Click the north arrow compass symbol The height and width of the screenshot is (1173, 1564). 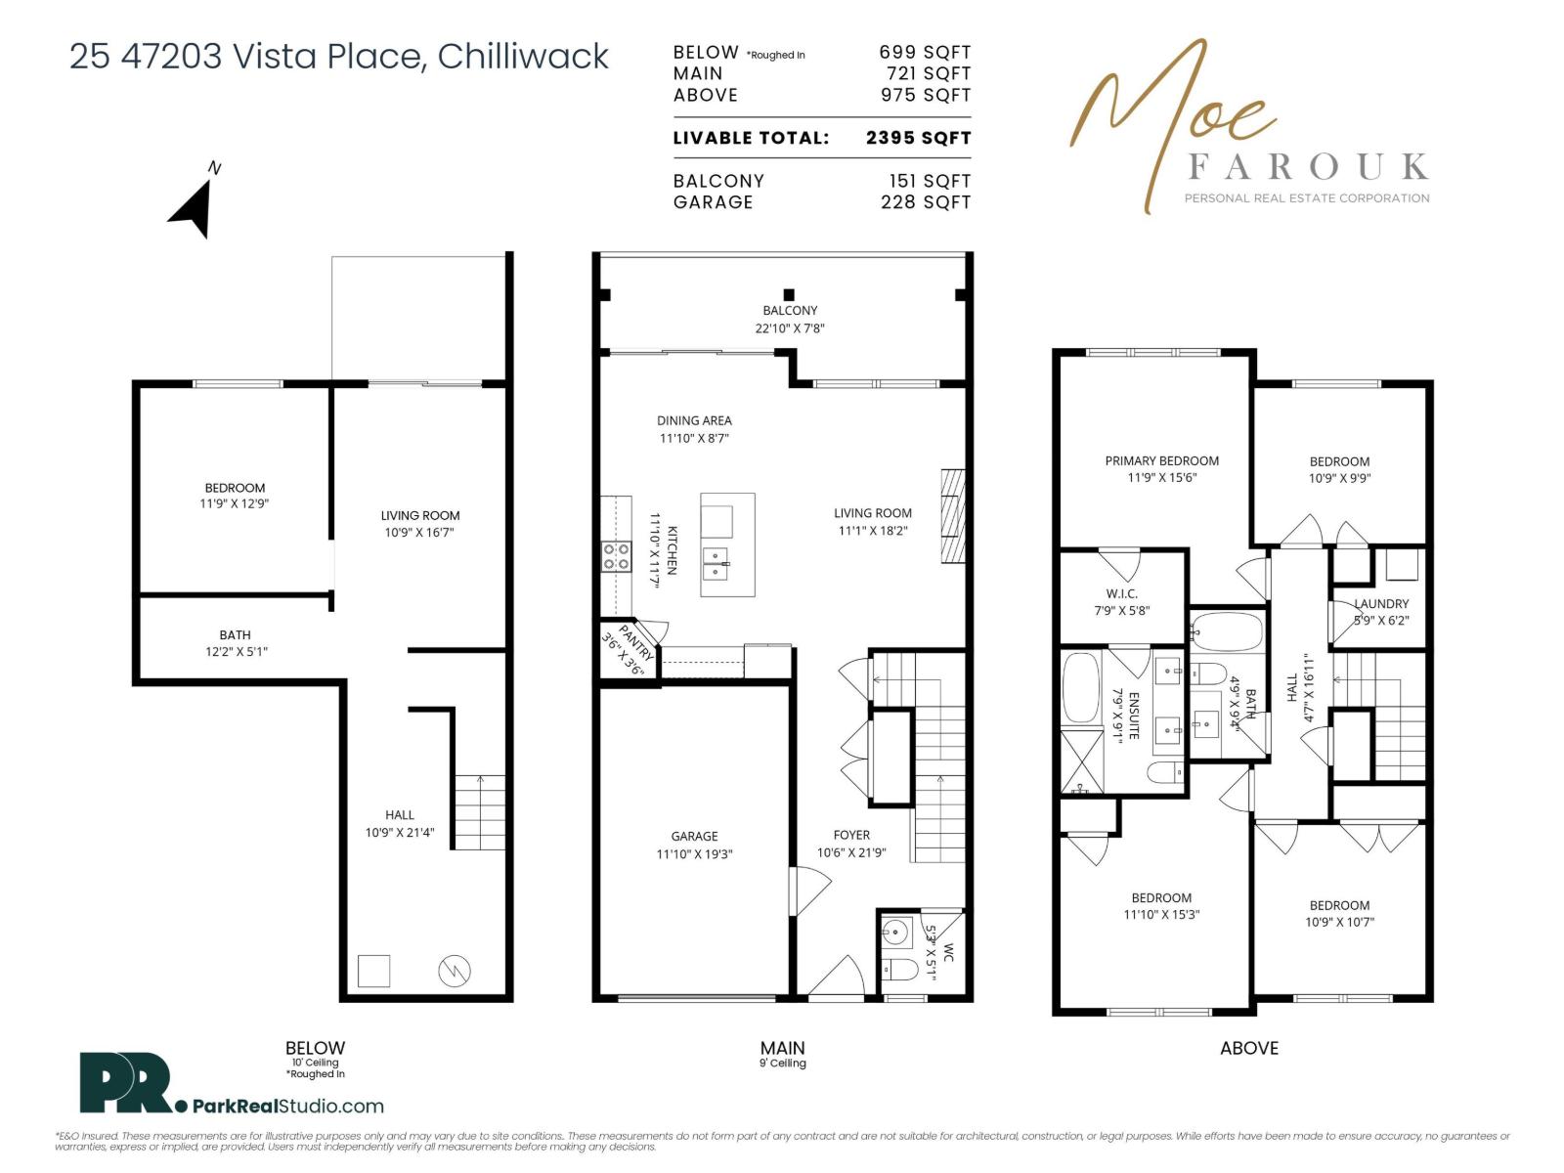194,209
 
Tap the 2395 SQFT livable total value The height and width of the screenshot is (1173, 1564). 918,138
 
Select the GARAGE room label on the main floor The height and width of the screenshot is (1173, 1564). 693,836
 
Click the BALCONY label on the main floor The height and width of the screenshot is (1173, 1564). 790,311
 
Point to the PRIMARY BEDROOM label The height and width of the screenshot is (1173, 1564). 1160,460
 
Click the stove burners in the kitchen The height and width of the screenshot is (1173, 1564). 616,556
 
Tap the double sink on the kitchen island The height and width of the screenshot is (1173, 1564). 716,564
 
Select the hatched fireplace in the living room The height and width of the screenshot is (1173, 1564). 953,516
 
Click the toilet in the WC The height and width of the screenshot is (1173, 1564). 900,970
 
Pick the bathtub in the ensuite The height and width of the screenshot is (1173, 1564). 1081,688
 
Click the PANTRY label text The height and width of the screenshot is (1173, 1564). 635,642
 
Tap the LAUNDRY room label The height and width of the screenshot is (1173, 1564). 1381,603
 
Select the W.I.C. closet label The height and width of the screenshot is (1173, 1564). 1121,593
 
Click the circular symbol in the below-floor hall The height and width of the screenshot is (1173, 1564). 454,971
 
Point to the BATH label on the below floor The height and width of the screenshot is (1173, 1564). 236,634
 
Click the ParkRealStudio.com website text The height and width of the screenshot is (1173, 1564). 287,1107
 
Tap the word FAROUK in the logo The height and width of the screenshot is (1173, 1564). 1308,166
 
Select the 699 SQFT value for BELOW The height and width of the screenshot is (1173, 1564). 924,52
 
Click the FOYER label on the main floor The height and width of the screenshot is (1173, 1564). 850,835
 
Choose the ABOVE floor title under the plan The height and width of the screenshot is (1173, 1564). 1249,1048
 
